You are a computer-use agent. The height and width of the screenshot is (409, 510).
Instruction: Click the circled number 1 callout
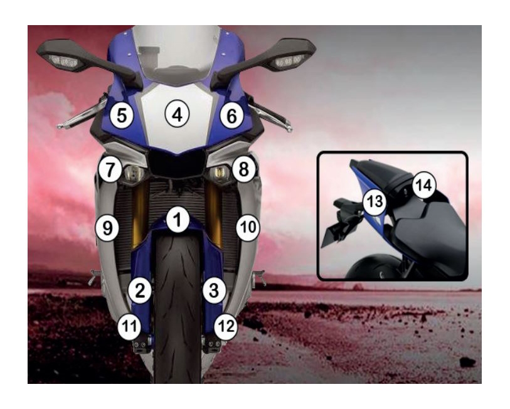pyautogui.click(x=178, y=220)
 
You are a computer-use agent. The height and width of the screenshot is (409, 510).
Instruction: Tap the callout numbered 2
pyautogui.click(x=140, y=290)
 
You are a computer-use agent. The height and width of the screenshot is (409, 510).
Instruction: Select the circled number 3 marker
pyautogui.click(x=214, y=290)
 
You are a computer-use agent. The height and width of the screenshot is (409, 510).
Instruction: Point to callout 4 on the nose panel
pyautogui.click(x=178, y=115)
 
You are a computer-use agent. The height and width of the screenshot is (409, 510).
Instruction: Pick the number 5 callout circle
pyautogui.click(x=122, y=115)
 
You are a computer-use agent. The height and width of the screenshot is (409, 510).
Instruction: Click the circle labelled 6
pyautogui.click(x=231, y=116)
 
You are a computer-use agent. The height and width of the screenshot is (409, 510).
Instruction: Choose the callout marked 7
pyautogui.click(x=110, y=169)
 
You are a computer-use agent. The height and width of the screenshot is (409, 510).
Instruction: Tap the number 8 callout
pyautogui.click(x=244, y=169)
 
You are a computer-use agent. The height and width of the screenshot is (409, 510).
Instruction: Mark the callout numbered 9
pyautogui.click(x=107, y=228)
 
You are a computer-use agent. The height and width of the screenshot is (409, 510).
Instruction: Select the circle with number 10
pyautogui.click(x=248, y=228)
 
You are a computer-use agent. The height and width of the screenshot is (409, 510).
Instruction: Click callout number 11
pyautogui.click(x=129, y=326)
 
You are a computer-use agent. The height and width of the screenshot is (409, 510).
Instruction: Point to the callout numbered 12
pyautogui.click(x=226, y=326)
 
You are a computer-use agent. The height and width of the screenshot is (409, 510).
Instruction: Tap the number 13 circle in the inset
pyautogui.click(x=375, y=202)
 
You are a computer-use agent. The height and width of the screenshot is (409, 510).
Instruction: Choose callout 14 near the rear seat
pyautogui.click(x=424, y=186)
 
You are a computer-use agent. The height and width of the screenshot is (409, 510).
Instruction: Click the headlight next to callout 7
pyautogui.click(x=134, y=173)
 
